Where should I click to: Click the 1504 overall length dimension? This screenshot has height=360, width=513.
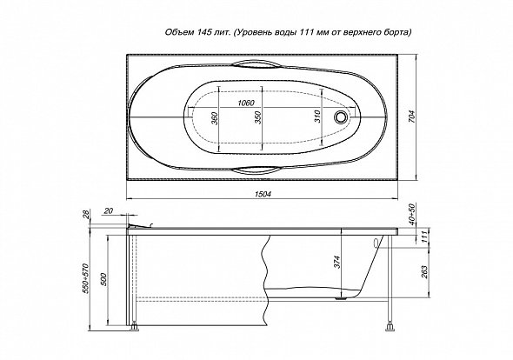click(x=263, y=194)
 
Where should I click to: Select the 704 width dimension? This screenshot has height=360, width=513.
click(x=412, y=117)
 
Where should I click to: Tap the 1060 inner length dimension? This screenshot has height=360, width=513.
click(x=246, y=103)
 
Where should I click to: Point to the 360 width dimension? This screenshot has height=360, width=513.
click(x=214, y=118)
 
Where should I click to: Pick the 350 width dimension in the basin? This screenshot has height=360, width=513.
click(x=258, y=117)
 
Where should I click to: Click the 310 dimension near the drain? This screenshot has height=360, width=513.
click(x=317, y=117)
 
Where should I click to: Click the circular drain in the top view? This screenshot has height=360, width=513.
click(x=341, y=117)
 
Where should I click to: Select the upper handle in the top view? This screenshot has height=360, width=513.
click(x=256, y=64)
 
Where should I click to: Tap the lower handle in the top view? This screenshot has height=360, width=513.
click(x=256, y=170)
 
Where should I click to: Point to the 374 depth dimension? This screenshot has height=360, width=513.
click(x=338, y=262)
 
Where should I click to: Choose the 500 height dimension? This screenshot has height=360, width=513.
click(x=104, y=279)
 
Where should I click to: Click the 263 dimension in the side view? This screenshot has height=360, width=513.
click(x=424, y=272)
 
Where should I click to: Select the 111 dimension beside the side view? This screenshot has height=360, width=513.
click(x=424, y=237)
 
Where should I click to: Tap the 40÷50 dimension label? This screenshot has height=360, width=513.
click(x=412, y=215)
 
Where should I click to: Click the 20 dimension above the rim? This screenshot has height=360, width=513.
click(x=108, y=211)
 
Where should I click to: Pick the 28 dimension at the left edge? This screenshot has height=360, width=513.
click(x=86, y=214)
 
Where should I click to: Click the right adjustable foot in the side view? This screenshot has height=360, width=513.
click(x=390, y=326)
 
